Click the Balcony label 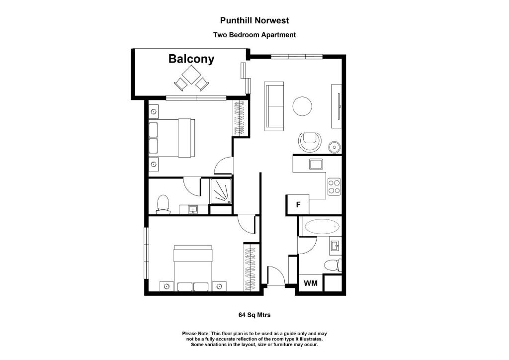pyautogui.click(x=191, y=59)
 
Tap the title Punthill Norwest pyautogui.click(x=254, y=21)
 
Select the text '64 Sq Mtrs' pyautogui.click(x=254, y=315)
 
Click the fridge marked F pyautogui.click(x=298, y=204)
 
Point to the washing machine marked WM pyautogui.click(x=311, y=283)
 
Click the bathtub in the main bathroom pyautogui.click(x=321, y=227)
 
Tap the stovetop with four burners pyautogui.click(x=334, y=186)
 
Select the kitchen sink pyautogui.click(x=316, y=164)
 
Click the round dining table pyautogui.click(x=302, y=105)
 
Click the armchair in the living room pyautogui.click(x=310, y=141)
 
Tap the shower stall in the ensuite pyautogui.click(x=221, y=192)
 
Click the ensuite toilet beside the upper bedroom pyautogui.click(x=163, y=204)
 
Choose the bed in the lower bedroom pyautogui.click(x=193, y=267)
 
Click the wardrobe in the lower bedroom pyautogui.click(x=251, y=268)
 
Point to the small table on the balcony pyautogui.click(x=190, y=76)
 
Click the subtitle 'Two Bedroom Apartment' pyautogui.click(x=254, y=35)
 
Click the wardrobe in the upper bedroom pyautogui.click(x=239, y=117)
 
